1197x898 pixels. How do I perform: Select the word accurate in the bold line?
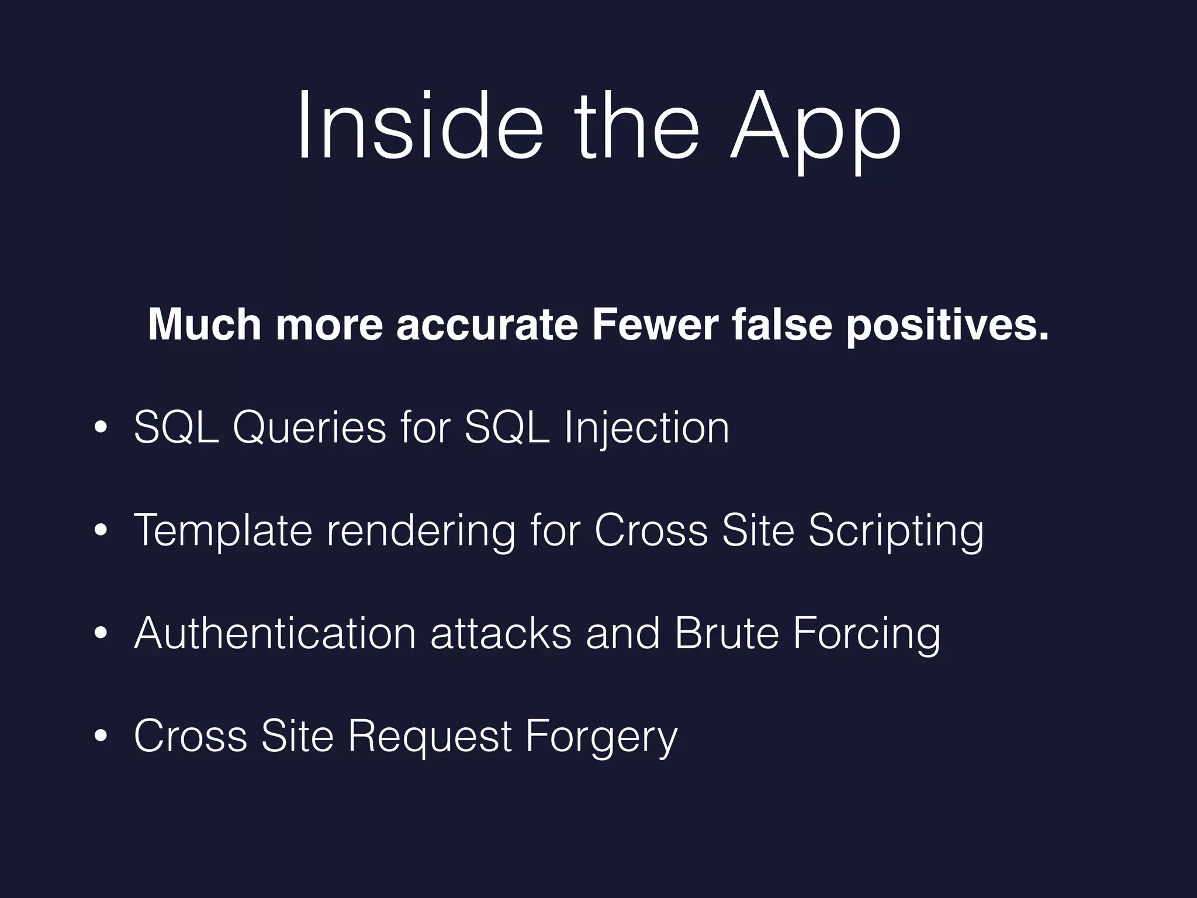click(486, 324)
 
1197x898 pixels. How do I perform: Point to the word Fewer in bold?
click(655, 324)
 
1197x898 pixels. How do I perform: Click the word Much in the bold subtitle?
click(205, 324)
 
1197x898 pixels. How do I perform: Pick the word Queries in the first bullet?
click(309, 429)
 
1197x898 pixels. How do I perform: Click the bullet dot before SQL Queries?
click(101, 428)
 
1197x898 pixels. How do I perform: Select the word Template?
click(223, 531)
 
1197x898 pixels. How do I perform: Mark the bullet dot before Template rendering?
click(101, 530)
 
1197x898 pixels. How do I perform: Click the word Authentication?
click(275, 633)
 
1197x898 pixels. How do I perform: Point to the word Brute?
click(726, 633)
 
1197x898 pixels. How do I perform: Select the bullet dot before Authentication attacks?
click(101, 633)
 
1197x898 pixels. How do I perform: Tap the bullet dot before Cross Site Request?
click(101, 736)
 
